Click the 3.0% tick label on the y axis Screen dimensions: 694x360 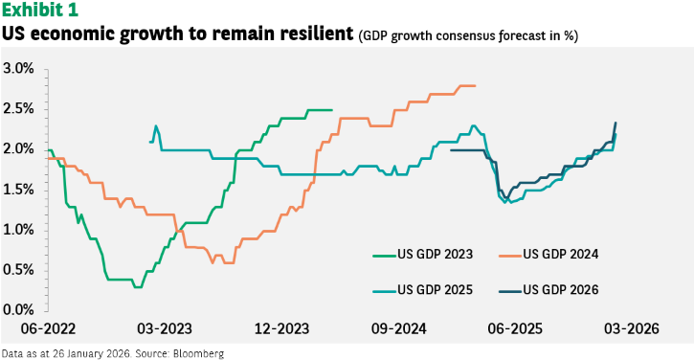[x=18, y=69]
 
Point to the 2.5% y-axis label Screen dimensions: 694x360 [x=18, y=109]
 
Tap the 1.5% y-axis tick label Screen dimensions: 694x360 [x=18, y=190]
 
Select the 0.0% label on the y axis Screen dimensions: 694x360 [x=18, y=309]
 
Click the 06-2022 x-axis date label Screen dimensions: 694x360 [x=48, y=328]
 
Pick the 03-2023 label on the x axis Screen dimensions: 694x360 [x=165, y=328]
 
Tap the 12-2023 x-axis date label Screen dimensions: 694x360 [x=281, y=328]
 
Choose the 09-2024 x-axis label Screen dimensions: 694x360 [x=399, y=328]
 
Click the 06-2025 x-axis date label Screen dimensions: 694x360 [x=515, y=328]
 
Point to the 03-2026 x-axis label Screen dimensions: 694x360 [x=632, y=328]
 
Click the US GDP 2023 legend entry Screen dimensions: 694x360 [x=423, y=254]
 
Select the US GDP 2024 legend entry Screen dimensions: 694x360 [x=548, y=254]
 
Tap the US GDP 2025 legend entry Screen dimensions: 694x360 [x=423, y=290]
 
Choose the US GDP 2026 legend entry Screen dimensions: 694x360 [x=548, y=290]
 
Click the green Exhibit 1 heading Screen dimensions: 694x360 [x=40, y=10]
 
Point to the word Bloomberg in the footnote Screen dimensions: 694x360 [x=199, y=354]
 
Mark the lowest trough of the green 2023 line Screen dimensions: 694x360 [x=138, y=287]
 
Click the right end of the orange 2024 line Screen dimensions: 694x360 [x=475, y=85]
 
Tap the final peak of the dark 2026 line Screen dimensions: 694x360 [x=616, y=123]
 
